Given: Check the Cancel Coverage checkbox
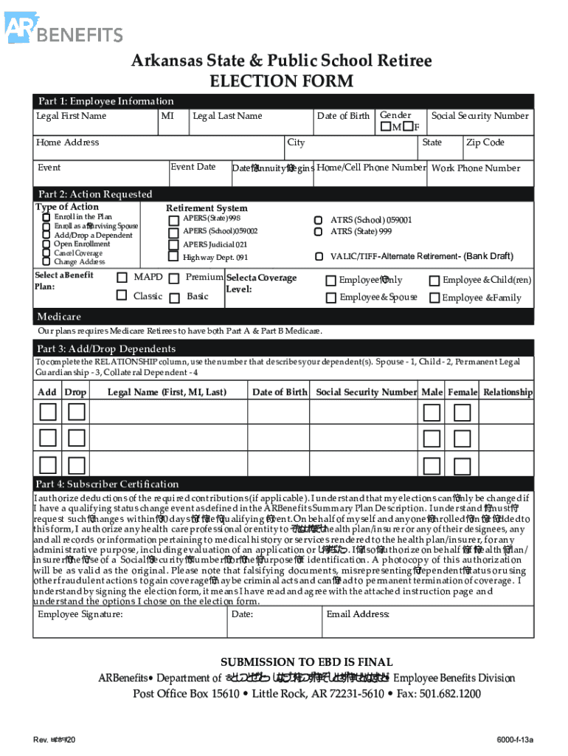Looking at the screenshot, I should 46,252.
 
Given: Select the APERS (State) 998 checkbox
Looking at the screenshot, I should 173,219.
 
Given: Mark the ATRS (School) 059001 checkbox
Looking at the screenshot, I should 318,220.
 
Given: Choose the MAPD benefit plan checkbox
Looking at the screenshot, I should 122,278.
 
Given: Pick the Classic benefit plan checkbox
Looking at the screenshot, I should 122,296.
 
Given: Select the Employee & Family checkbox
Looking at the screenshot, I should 434,298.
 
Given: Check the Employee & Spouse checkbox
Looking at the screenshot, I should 331,298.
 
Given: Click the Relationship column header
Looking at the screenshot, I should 507,392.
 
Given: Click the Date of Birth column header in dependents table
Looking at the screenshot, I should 280,392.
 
